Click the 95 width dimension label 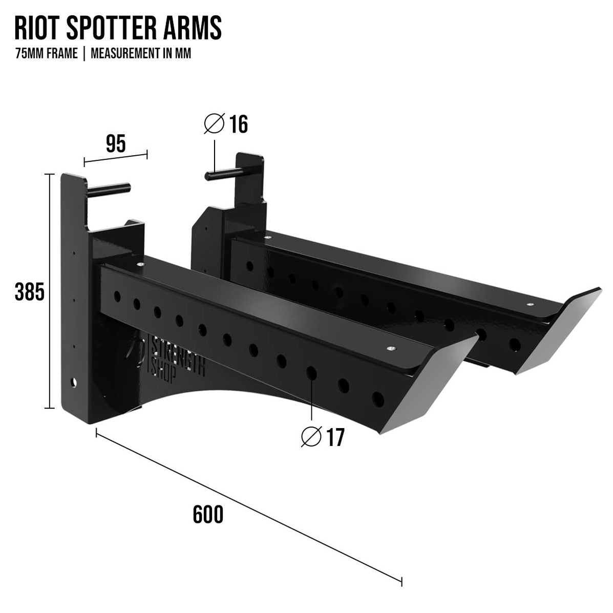coord(116,144)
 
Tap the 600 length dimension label coord(208,515)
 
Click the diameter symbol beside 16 coord(214,124)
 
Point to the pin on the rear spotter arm coord(220,175)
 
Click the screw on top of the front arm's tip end coord(391,348)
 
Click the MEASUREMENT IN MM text coord(141,54)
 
